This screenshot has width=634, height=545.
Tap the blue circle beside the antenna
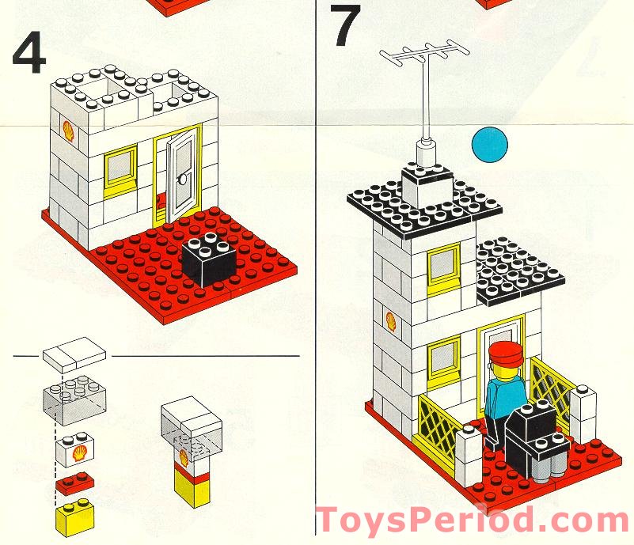(x=489, y=145)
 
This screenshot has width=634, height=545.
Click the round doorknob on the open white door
(x=183, y=179)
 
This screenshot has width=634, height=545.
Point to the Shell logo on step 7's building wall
(x=390, y=320)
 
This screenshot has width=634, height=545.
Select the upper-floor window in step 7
(x=443, y=267)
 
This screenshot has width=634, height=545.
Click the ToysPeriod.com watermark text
(x=472, y=520)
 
